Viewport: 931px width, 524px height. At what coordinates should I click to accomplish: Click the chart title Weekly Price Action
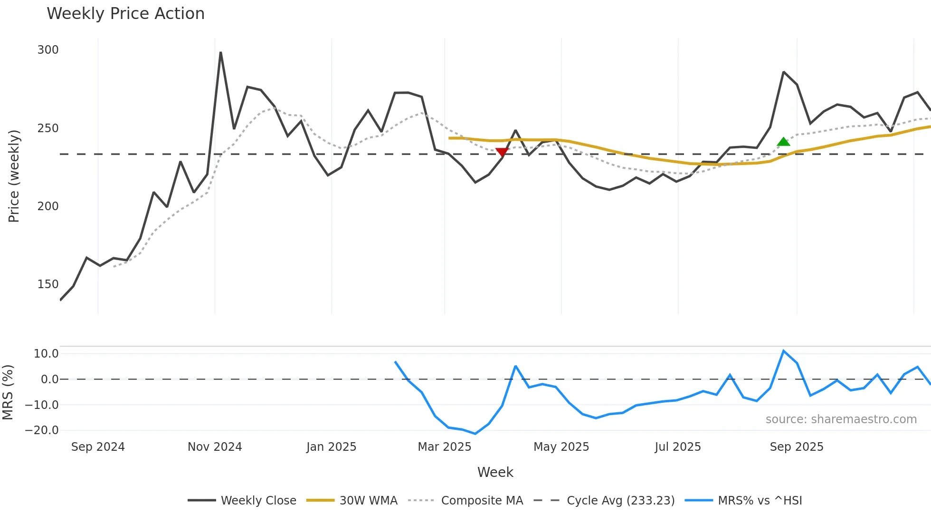(x=125, y=14)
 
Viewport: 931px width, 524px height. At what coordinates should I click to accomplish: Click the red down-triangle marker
(x=502, y=152)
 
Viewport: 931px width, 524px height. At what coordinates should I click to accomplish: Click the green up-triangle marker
(x=783, y=142)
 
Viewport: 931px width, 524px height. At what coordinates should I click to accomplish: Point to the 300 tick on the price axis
(x=48, y=50)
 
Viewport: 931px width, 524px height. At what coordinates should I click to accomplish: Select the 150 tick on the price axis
(x=48, y=284)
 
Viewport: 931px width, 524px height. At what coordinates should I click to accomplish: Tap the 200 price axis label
(x=48, y=206)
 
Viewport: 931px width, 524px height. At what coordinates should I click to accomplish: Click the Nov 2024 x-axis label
(x=215, y=447)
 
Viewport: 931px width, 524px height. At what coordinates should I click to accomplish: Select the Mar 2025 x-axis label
(x=444, y=447)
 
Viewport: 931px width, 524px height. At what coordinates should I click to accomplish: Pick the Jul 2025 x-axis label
(x=677, y=447)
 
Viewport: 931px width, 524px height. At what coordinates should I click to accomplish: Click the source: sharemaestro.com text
(x=841, y=419)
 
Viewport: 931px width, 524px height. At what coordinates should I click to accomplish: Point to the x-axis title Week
(x=495, y=472)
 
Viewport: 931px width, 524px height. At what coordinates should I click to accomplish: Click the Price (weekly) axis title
(x=14, y=176)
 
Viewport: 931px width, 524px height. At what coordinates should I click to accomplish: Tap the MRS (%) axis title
(x=8, y=392)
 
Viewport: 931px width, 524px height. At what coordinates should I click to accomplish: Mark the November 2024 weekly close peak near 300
(x=220, y=53)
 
